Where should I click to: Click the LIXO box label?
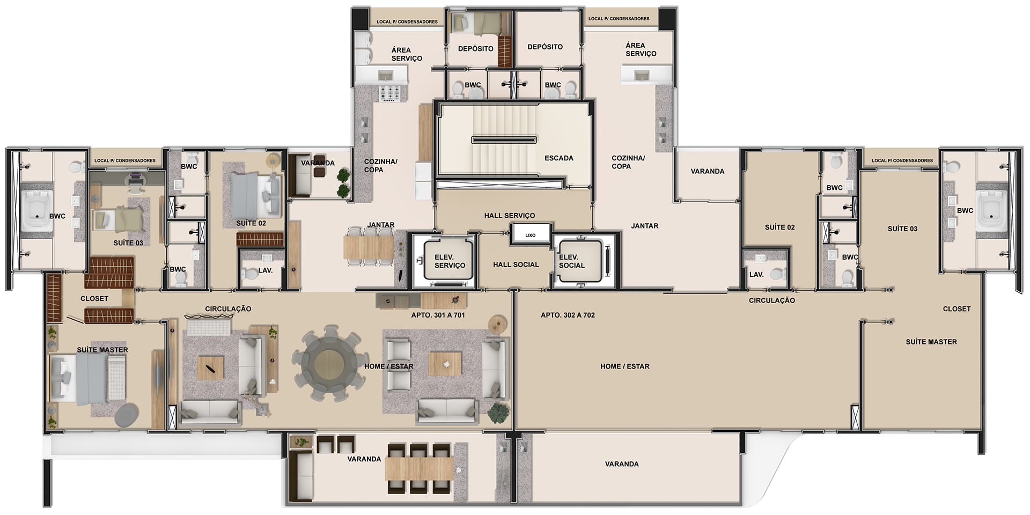point(530,235)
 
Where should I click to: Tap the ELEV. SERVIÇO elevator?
point(449,261)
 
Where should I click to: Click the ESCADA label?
point(559,158)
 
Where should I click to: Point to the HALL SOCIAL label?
point(516,264)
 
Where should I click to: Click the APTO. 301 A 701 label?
point(438,315)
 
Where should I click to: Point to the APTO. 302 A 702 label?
point(568,315)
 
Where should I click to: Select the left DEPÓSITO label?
point(476,49)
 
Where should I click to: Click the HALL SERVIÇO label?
point(510,216)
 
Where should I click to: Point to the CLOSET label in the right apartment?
point(957,309)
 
